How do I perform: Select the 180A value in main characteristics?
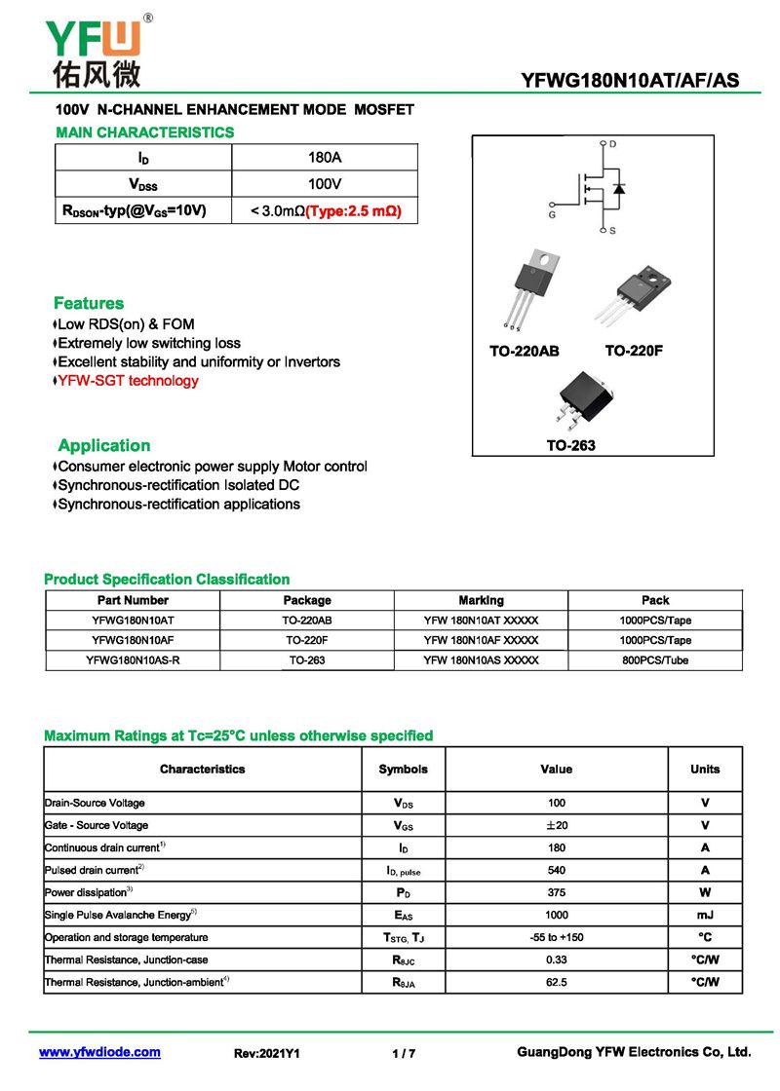pos(324,158)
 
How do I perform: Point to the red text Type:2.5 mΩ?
pos(353,210)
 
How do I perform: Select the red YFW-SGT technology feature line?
pos(128,381)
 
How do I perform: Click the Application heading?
pos(103,446)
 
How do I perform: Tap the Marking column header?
pos(481,600)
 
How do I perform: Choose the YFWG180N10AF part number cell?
pos(133,640)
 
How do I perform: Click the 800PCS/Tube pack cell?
pos(655,660)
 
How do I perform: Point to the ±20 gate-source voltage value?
pos(556,825)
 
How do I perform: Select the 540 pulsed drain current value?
pos(556,870)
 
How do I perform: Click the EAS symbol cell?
pos(403,916)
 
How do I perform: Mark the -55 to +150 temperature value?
pos(556,937)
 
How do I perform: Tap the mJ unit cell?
pos(705,916)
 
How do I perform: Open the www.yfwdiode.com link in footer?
pos(99,1053)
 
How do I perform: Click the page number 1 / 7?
pos(403,1054)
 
